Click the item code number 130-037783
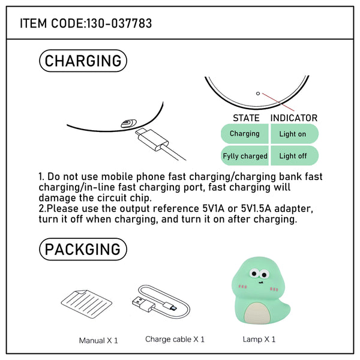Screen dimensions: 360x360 pyautogui.click(x=119, y=23)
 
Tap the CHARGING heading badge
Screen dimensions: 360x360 pyautogui.click(x=83, y=61)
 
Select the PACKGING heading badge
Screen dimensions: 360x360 pyautogui.click(x=83, y=249)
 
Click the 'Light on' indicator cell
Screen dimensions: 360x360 pyautogui.click(x=295, y=134)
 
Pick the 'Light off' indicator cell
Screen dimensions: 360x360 pyautogui.click(x=295, y=155)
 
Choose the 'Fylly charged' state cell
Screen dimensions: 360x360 pyautogui.click(x=245, y=155)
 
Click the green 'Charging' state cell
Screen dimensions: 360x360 pyautogui.click(x=245, y=134)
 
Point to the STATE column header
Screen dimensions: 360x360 pyautogui.click(x=246, y=118)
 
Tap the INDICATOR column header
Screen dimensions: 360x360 pyautogui.click(x=294, y=118)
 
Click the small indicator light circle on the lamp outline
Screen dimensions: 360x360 pyautogui.click(x=258, y=94)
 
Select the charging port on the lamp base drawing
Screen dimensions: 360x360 pyautogui.click(x=128, y=123)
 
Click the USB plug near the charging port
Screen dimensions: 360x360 pyautogui.click(x=152, y=140)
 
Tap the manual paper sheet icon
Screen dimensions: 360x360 pyautogui.click(x=86, y=304)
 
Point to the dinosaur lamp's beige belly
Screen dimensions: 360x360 pyautogui.click(x=257, y=313)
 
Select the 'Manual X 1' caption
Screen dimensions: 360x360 pyautogui.click(x=98, y=340)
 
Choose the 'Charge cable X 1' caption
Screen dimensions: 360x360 pyautogui.click(x=175, y=340)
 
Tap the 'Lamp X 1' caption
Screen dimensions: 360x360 pyautogui.click(x=259, y=340)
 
